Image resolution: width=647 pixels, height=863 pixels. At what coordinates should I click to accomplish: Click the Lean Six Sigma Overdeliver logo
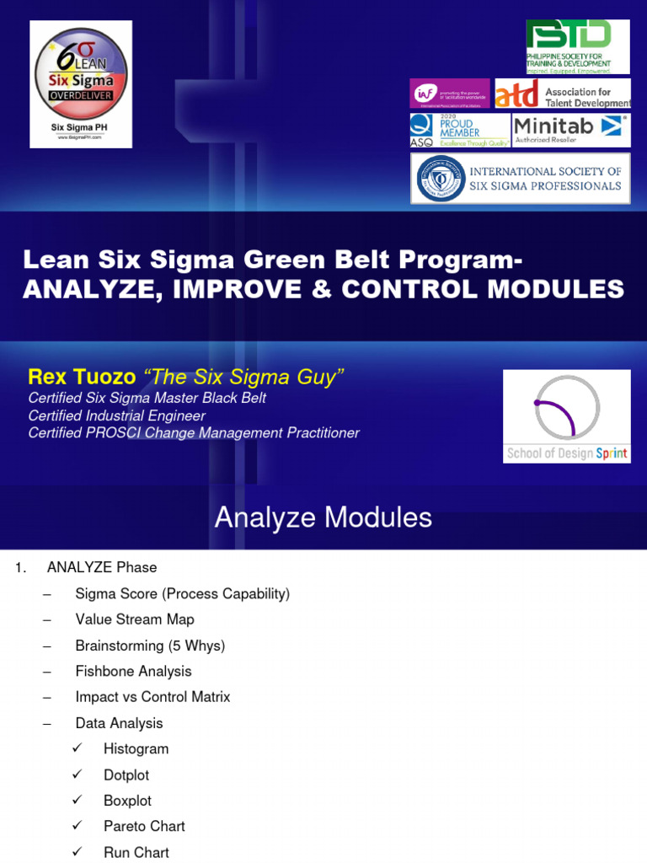81,83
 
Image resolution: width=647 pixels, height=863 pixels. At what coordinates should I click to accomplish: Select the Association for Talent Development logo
562,94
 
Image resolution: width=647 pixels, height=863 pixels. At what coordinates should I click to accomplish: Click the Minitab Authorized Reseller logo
571,130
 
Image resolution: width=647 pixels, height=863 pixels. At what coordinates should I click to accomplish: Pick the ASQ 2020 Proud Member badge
459,131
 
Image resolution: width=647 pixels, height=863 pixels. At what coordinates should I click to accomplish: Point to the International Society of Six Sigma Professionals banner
520,179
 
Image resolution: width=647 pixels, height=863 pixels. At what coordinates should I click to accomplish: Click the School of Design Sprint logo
566,416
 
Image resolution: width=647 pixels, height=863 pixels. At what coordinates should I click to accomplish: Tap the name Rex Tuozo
82,377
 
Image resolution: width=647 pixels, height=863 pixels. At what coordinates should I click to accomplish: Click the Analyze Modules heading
323,517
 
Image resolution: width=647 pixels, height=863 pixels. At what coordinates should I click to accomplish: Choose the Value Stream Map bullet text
135,619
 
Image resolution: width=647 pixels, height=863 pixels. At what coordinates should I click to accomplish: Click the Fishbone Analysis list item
133,672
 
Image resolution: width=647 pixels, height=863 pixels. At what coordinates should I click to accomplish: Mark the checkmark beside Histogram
78,749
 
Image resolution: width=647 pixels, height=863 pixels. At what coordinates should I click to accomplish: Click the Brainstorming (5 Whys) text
150,646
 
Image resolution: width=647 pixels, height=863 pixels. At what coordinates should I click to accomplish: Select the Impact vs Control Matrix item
152,697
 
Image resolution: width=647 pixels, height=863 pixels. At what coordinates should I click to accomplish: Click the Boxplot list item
127,801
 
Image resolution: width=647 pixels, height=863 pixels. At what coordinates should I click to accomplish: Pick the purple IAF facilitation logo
449,94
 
